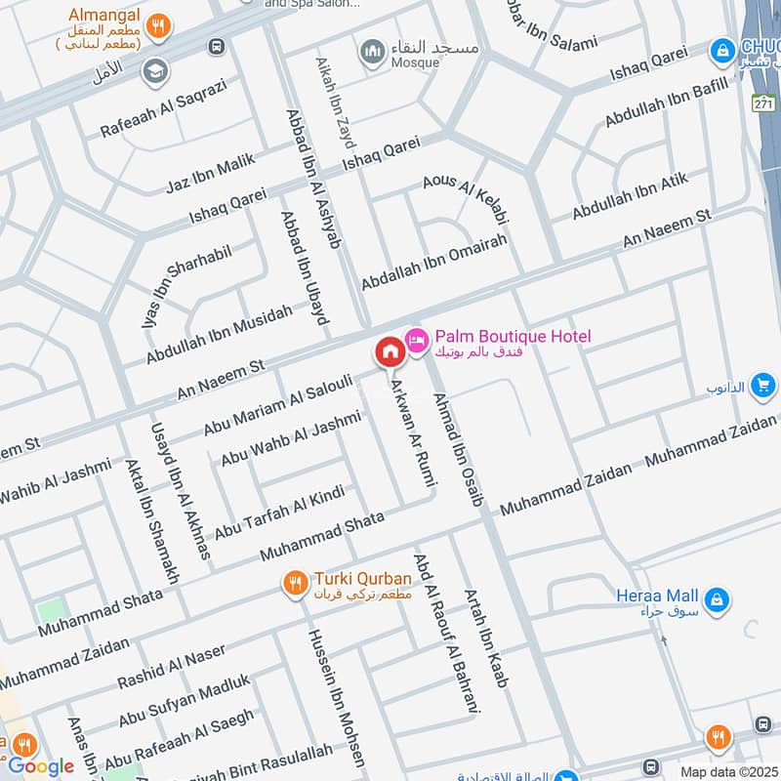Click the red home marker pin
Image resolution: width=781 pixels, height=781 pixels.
click(389, 350)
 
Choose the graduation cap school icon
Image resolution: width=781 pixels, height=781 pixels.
click(153, 70)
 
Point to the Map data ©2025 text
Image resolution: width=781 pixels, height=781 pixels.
click(727, 771)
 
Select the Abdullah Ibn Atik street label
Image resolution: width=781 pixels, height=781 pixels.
click(630, 196)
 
